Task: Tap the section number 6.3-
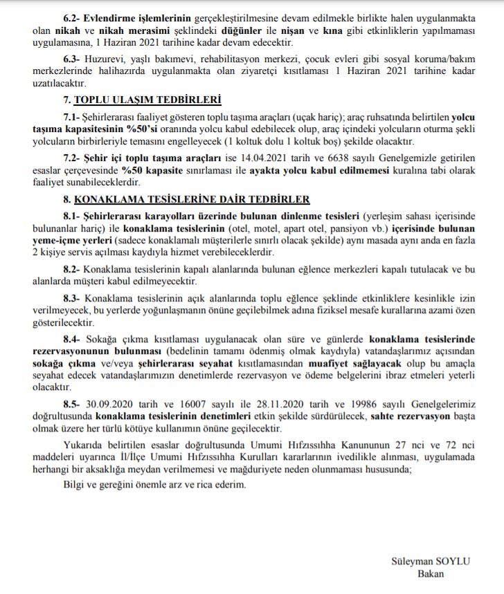pos(72,59)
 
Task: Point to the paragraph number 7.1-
pos(72,116)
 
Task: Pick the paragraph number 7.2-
pos(72,158)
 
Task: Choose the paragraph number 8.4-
pos(73,340)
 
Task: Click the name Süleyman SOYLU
pos(430,561)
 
